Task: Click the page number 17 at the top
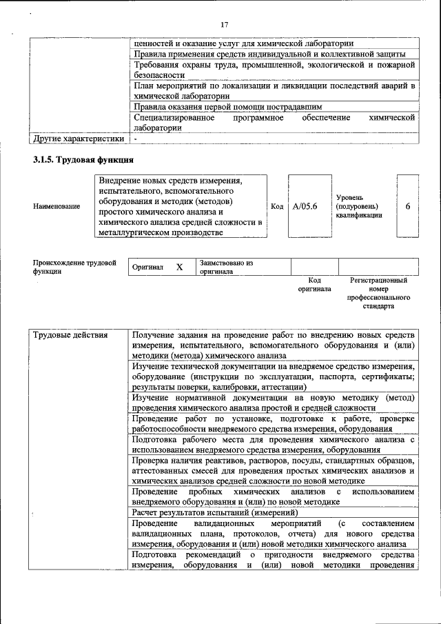(224, 25)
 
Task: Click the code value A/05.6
(305, 206)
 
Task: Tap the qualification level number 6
(408, 206)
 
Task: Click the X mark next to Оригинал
(179, 267)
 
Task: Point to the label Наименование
(57, 206)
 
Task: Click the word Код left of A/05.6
(277, 206)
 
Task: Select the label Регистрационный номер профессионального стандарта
(380, 292)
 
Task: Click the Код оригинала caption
(314, 285)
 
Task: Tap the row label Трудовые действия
(70, 334)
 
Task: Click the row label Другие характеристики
(79, 139)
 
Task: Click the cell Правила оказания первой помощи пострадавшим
(227, 107)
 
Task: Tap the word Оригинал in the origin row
(147, 267)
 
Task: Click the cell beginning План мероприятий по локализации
(274, 91)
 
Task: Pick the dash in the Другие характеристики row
(136, 139)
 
